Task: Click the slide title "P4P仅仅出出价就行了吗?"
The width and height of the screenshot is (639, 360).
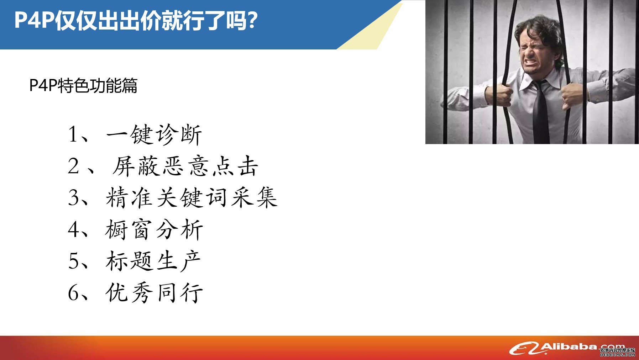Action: (x=136, y=21)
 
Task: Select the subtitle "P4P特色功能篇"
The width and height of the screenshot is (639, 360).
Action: (x=83, y=85)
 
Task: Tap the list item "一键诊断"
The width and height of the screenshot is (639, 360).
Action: (x=154, y=134)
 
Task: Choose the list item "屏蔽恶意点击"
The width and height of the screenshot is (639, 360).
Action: (x=185, y=166)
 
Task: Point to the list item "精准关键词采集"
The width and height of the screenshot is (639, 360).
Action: (x=192, y=197)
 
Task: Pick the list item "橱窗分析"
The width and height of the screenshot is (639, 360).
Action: (x=154, y=229)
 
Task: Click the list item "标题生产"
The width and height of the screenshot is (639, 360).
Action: (x=153, y=261)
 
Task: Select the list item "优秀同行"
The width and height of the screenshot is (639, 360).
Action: (x=154, y=292)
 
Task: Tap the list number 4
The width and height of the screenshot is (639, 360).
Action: (x=74, y=229)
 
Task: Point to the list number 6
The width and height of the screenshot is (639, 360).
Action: (x=74, y=292)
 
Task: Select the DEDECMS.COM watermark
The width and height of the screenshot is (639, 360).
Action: (x=618, y=355)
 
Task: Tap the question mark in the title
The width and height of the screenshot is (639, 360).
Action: (x=252, y=21)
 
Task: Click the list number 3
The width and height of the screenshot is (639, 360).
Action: (x=73, y=198)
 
